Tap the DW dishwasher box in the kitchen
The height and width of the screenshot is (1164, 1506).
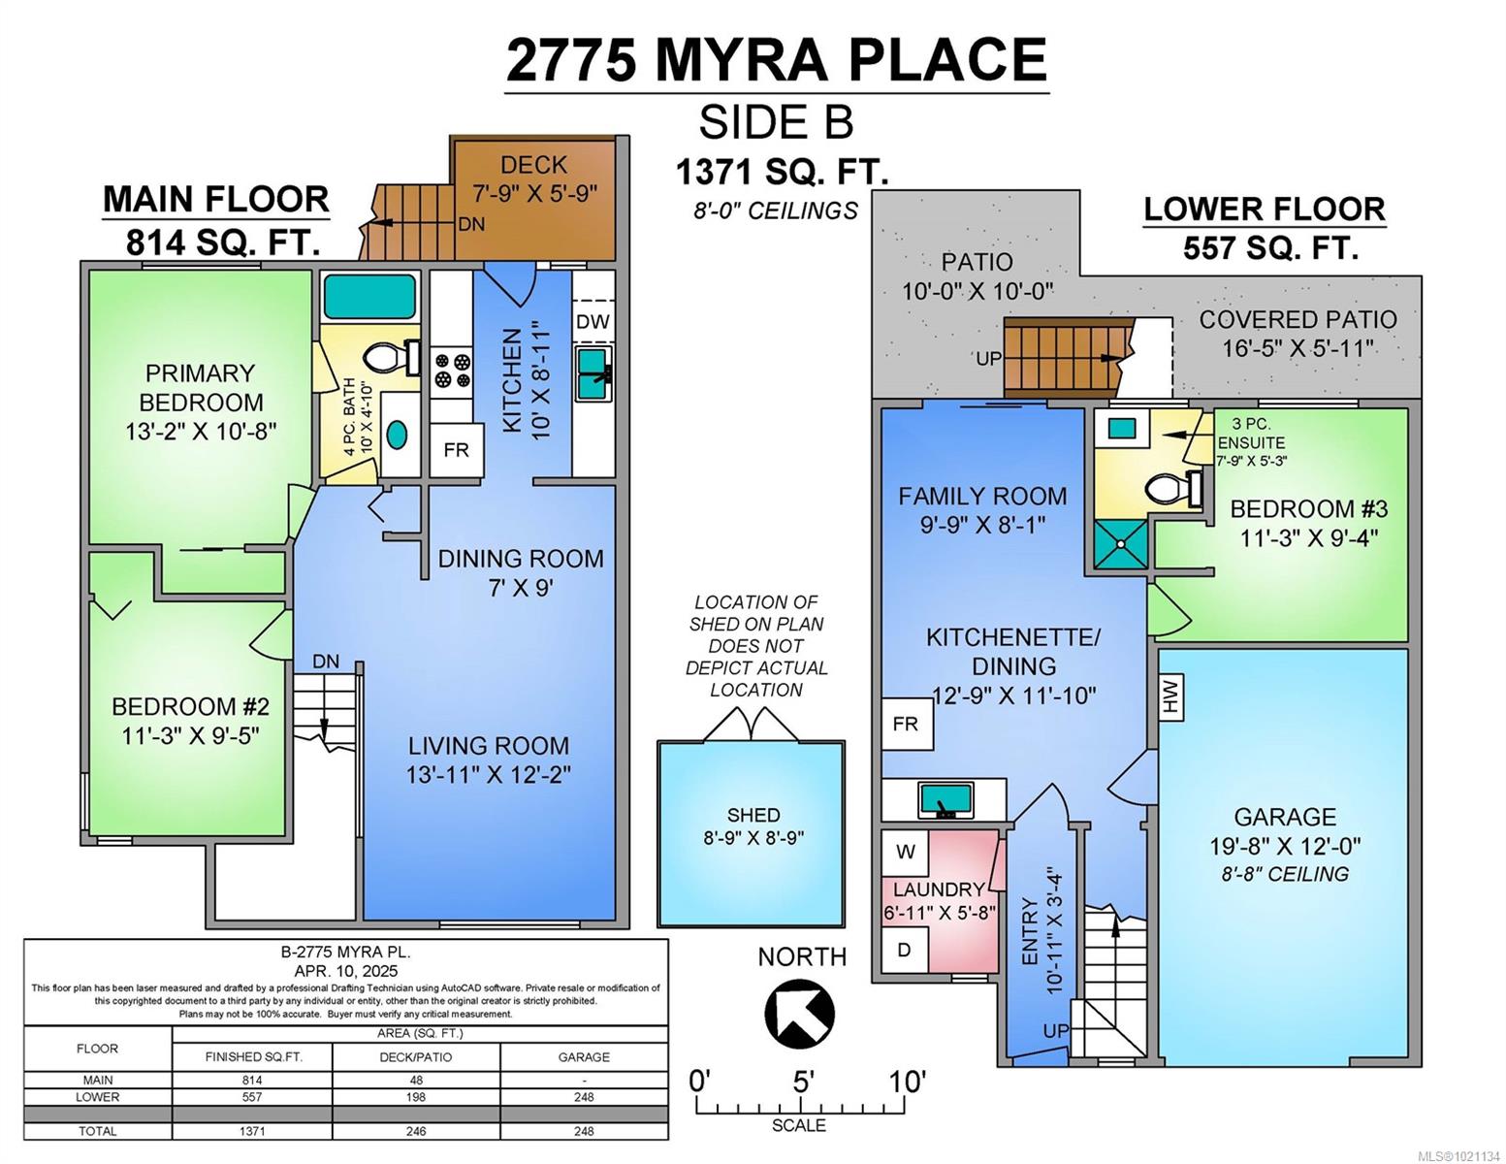(x=593, y=321)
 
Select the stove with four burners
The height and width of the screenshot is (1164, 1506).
(x=452, y=370)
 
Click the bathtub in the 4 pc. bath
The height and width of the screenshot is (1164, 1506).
(x=370, y=297)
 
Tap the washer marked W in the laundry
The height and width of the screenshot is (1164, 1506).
(x=905, y=852)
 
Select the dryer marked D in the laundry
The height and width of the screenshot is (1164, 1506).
(x=905, y=949)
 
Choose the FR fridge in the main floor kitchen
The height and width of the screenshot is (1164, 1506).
(x=456, y=450)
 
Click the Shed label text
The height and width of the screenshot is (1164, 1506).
(x=753, y=815)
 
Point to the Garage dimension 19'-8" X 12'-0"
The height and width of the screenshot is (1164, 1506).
(x=1285, y=847)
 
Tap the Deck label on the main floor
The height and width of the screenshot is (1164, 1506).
(x=533, y=165)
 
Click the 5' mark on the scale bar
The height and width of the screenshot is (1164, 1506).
(x=802, y=1081)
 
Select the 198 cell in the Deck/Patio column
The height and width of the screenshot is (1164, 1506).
(x=416, y=1097)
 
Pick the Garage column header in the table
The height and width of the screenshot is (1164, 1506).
(x=584, y=1057)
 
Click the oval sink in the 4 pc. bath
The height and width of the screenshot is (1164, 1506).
(x=397, y=435)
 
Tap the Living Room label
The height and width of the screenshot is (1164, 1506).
(x=489, y=746)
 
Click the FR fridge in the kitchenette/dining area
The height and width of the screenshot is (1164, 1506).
(x=906, y=725)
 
